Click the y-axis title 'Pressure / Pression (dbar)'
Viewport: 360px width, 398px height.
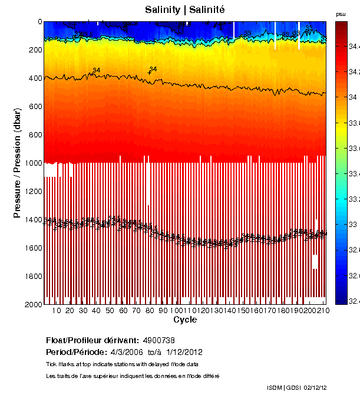point(17,163)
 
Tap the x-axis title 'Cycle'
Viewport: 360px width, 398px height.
point(181,320)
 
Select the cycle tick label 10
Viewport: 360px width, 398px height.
point(57,311)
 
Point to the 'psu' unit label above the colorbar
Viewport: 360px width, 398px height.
point(341,14)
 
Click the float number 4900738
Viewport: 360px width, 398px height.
point(158,340)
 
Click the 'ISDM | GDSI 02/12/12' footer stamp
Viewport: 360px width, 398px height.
point(296,387)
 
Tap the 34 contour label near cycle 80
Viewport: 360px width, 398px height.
point(153,70)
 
